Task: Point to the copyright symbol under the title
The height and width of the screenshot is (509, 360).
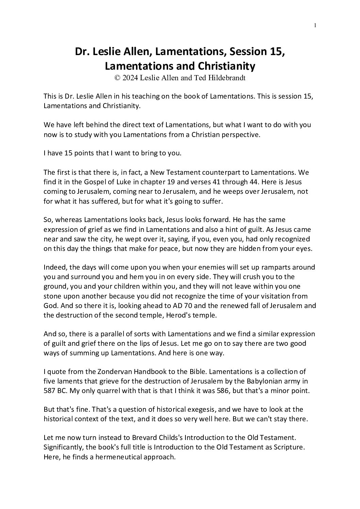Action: [x=117, y=78]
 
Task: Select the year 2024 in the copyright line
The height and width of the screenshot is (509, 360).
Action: [x=130, y=78]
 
